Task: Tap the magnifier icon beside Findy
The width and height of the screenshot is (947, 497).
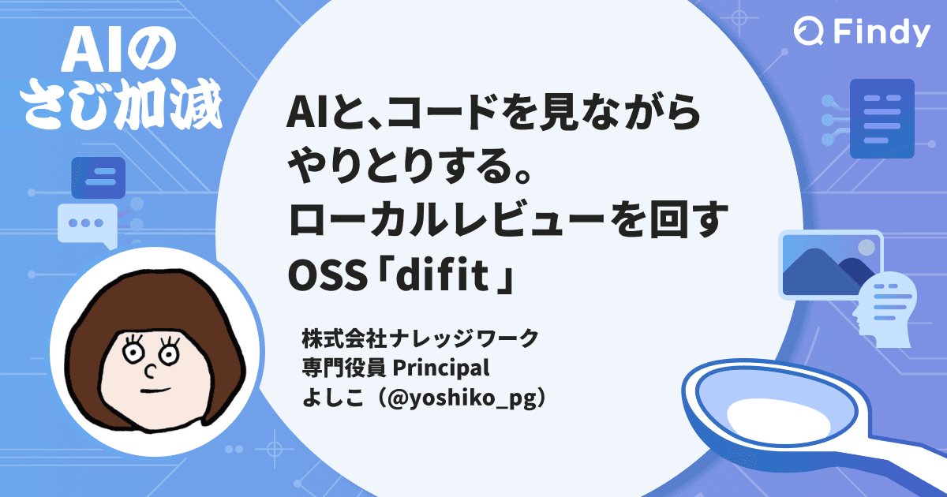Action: (x=808, y=33)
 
